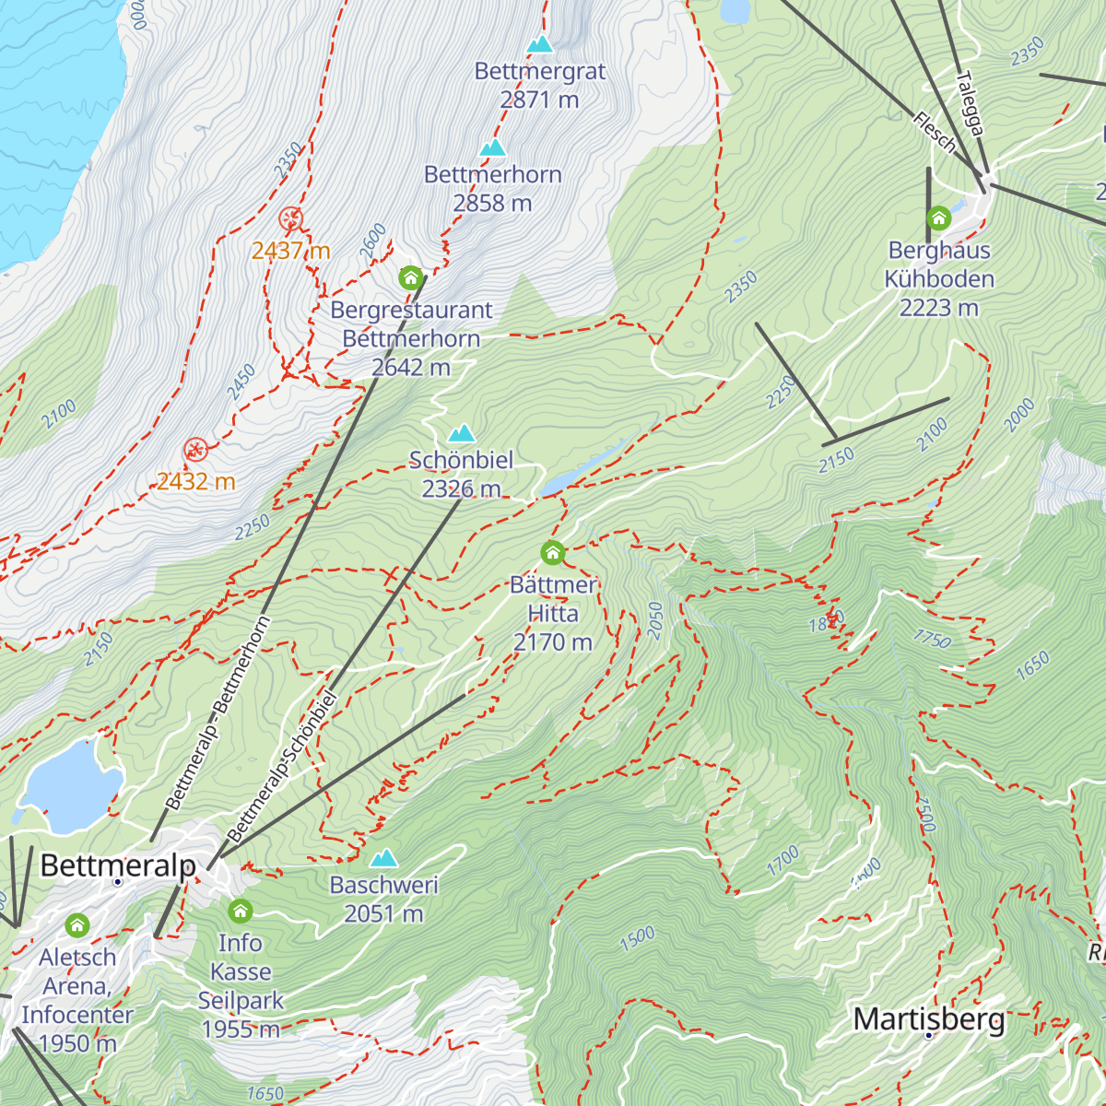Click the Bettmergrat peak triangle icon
[x=540, y=44]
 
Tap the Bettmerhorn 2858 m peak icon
[x=493, y=147]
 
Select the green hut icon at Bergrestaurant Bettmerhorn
[x=411, y=277]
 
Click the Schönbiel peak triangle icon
[x=461, y=433]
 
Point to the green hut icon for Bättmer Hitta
[x=552, y=553]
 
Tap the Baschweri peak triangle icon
[x=383, y=859]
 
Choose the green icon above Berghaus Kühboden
[x=938, y=218]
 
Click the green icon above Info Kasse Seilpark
[x=241, y=911]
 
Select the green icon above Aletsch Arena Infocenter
[x=77, y=924]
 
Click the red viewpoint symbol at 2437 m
[x=290, y=218]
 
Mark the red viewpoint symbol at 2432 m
[x=194, y=450]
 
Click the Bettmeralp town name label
[x=118, y=866]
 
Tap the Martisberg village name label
[x=929, y=1019]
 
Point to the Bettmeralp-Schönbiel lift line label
[x=282, y=766]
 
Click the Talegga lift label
[x=971, y=104]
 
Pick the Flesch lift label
[x=935, y=132]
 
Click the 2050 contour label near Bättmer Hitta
[x=655, y=620]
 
